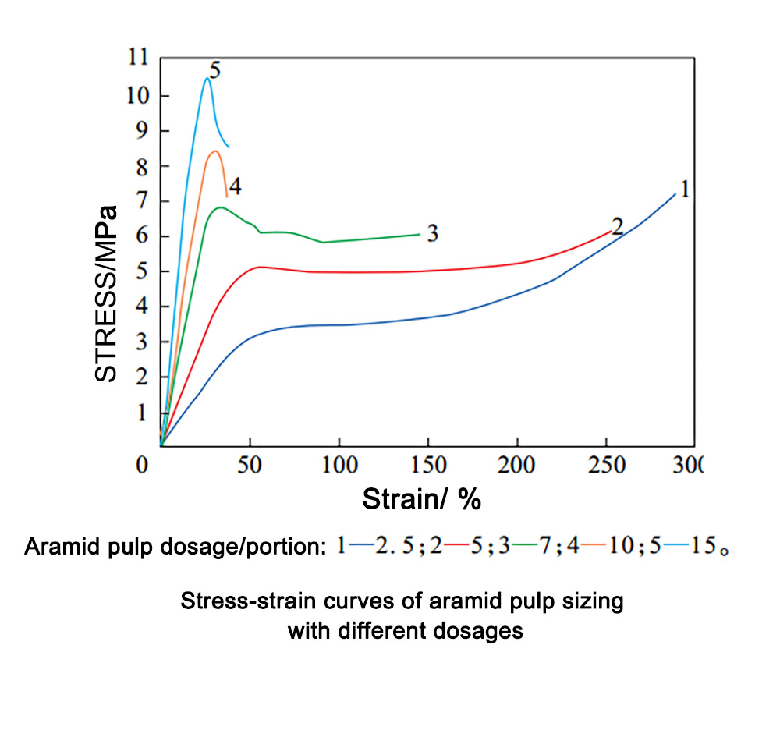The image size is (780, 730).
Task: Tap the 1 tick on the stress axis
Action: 144,413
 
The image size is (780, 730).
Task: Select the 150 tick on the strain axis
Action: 427,466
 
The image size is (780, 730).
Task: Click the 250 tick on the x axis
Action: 606,466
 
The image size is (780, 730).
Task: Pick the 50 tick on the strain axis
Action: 249,466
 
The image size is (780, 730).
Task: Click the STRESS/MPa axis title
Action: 106,292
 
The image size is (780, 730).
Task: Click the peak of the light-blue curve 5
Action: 207,78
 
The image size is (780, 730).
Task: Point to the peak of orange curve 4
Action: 214,151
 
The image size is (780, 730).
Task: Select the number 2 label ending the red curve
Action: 618,226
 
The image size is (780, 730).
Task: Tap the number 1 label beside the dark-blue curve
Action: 684,189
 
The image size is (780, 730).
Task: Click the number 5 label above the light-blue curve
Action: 215,70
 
